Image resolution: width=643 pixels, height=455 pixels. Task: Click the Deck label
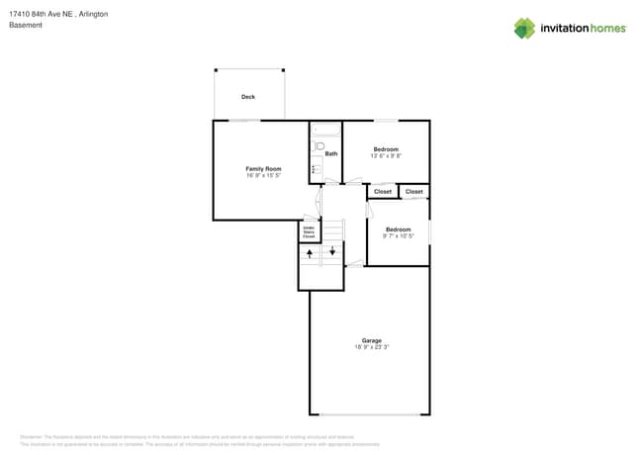(248, 97)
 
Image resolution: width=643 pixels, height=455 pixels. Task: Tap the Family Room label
(263, 169)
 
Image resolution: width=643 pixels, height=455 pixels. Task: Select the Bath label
(331, 153)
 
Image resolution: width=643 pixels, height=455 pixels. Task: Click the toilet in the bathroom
(320, 147)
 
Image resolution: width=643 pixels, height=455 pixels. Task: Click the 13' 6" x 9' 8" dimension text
(385, 155)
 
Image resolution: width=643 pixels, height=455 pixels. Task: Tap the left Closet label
(383, 192)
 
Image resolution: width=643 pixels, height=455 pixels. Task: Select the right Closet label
(414, 192)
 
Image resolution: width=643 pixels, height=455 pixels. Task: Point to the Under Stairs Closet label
(309, 232)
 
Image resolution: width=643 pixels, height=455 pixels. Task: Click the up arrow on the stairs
(310, 254)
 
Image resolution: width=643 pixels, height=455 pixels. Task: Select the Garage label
(371, 340)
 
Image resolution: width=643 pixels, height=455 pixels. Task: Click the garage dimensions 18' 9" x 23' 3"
(371, 347)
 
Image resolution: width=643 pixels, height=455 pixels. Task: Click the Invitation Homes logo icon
(523, 29)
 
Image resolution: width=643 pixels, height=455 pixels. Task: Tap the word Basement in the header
(26, 26)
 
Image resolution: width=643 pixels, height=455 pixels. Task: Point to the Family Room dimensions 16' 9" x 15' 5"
(263, 176)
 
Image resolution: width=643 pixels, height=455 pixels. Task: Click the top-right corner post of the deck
(283, 70)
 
